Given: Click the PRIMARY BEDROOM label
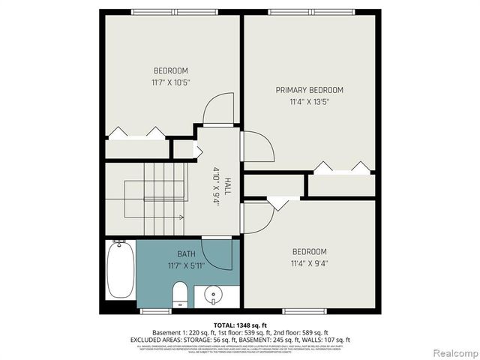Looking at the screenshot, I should tap(309, 90).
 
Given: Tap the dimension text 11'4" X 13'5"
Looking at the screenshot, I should tap(309, 102).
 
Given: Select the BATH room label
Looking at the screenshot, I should tap(186, 254).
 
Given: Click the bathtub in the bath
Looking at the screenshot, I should tap(119, 270).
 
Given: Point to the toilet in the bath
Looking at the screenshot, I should tap(180, 295).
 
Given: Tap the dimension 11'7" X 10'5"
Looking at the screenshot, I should tap(170, 82).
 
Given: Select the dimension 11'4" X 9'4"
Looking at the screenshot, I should tap(309, 262).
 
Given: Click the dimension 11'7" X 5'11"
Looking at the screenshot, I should tap(186, 265).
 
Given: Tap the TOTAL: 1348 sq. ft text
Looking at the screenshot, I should tap(240, 325).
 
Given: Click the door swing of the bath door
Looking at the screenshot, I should tap(218, 253).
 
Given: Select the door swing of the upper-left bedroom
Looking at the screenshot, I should tap(219, 109).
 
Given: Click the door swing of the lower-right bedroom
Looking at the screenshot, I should tap(257, 217).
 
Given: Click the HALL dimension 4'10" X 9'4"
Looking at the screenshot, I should tap(217, 187).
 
